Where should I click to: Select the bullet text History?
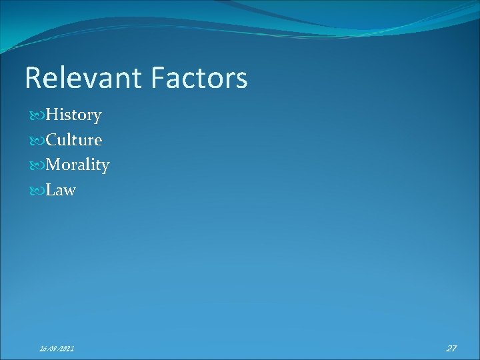click(x=73, y=115)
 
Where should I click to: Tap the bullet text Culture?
click(x=73, y=140)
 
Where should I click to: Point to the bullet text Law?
click(x=61, y=190)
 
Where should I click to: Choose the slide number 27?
click(x=451, y=348)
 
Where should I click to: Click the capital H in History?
click(x=52, y=115)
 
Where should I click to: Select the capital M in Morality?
click(x=54, y=165)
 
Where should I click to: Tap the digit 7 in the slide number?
click(x=454, y=348)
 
